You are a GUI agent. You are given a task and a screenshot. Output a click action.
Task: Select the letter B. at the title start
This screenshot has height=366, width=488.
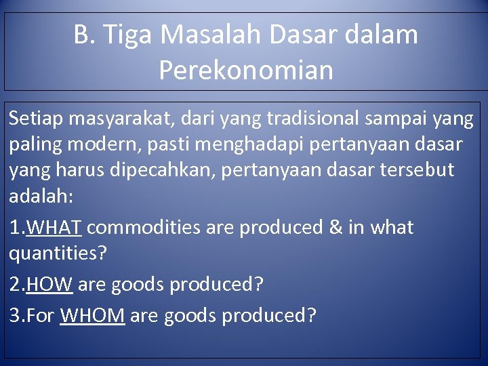(x=85, y=35)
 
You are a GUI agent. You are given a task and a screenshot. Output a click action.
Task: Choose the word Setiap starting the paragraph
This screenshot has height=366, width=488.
(x=33, y=119)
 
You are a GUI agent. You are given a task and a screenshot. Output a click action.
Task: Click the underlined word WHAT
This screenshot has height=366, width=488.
(x=54, y=228)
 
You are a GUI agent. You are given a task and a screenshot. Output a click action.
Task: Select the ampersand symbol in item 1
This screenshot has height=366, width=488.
(x=335, y=228)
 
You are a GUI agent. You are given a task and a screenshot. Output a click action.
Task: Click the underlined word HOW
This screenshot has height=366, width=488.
(x=49, y=285)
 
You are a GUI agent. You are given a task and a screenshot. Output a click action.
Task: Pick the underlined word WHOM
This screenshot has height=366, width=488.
(x=92, y=315)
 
